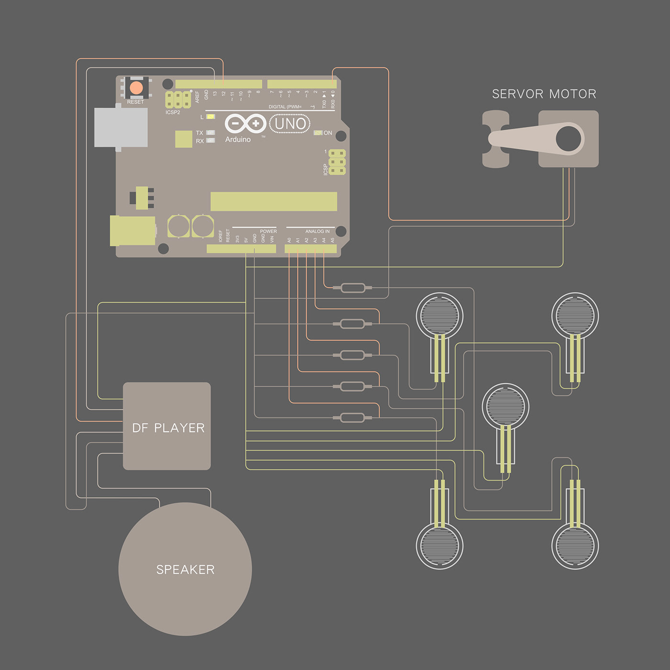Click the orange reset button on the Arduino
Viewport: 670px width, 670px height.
136,88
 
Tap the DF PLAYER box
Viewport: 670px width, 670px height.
167,426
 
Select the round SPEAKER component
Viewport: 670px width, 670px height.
185,569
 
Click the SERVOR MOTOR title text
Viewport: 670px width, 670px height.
544,94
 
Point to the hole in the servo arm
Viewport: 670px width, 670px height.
568,138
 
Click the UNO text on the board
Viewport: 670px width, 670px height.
290,124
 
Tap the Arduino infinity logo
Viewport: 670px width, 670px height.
246,123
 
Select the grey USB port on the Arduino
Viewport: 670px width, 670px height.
121,127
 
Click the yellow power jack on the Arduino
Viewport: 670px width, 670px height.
132,230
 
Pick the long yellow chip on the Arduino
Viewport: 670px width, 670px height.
274,201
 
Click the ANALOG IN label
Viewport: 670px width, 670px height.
317,231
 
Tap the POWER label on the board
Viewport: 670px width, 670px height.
268,231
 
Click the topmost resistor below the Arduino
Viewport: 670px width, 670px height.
353,288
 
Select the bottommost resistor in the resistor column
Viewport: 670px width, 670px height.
353,418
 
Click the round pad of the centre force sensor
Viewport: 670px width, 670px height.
505,406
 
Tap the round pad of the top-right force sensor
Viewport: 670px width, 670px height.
575,315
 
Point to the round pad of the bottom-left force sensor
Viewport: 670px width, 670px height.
439,546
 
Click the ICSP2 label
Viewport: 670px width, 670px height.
173,112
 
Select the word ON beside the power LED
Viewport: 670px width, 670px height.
328,133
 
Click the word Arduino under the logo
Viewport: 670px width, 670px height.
238,139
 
